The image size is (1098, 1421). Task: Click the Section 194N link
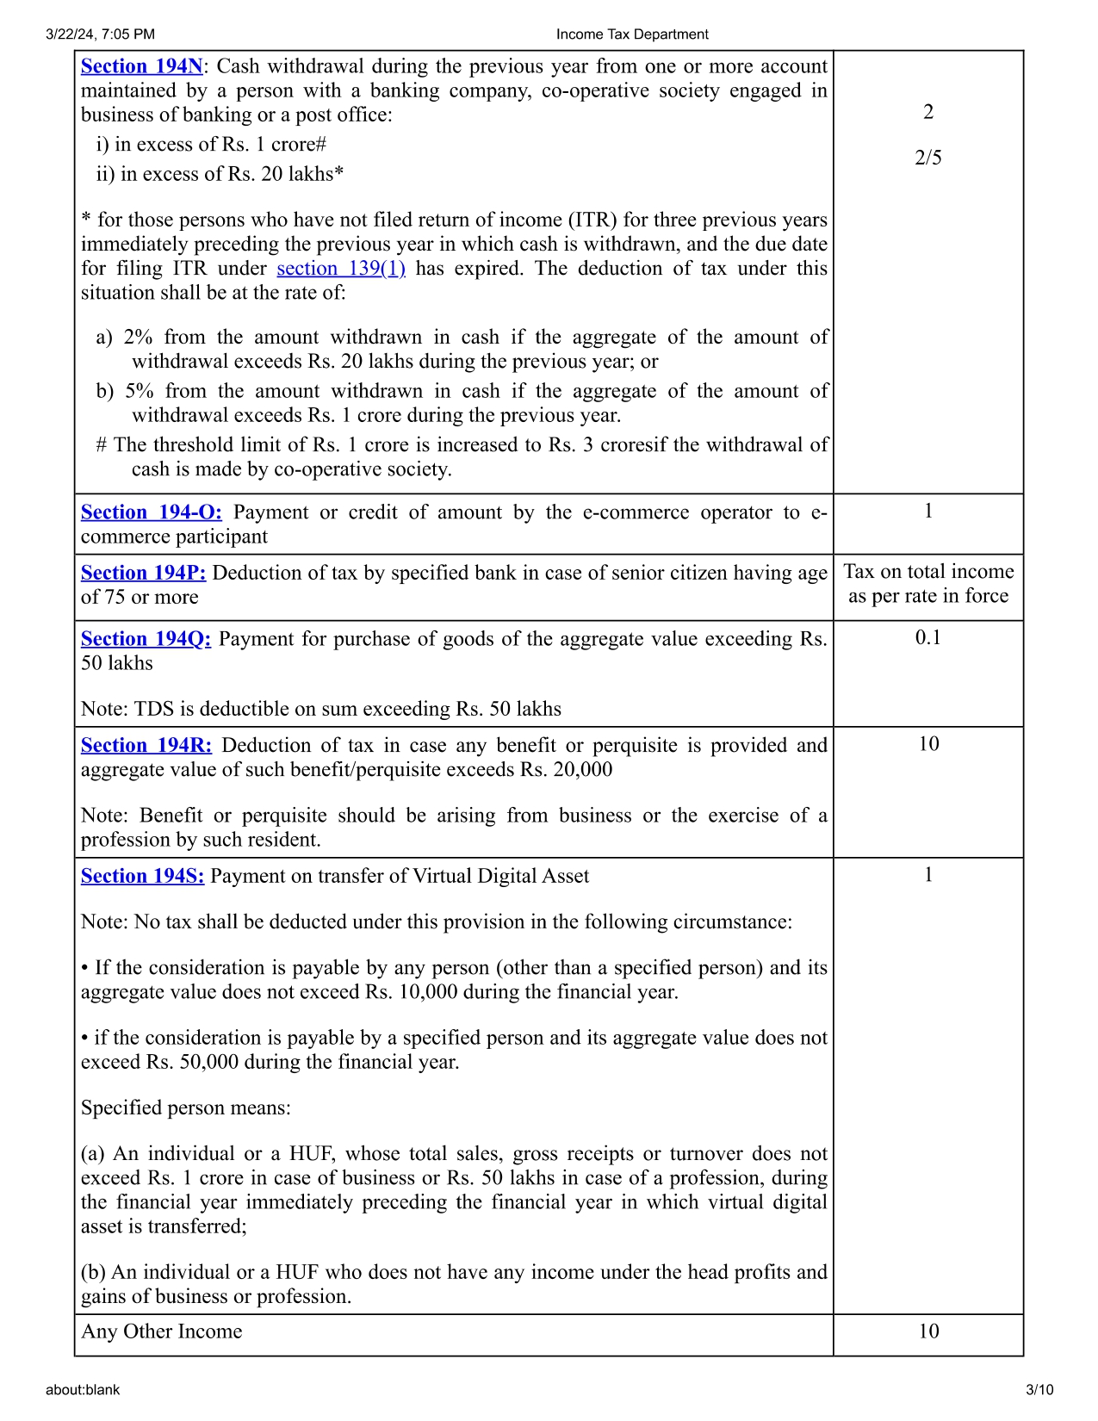(x=141, y=66)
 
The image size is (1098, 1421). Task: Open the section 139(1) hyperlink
(x=340, y=269)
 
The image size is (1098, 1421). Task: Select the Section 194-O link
(x=151, y=512)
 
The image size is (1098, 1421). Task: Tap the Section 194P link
(x=143, y=573)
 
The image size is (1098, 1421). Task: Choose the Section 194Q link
(x=146, y=639)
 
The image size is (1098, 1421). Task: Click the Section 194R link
(x=146, y=746)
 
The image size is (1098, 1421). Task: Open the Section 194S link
(x=142, y=876)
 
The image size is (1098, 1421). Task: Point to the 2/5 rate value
(x=927, y=158)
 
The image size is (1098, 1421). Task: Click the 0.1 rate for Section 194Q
(x=927, y=638)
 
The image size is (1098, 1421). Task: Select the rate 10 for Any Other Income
(x=927, y=1331)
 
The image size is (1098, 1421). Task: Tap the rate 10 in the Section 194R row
(x=927, y=744)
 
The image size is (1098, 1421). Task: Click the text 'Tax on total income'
(x=927, y=572)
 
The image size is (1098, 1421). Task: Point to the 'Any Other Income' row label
(x=161, y=1331)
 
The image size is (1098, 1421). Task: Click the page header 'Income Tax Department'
(x=631, y=34)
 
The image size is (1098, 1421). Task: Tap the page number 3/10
(x=1039, y=1390)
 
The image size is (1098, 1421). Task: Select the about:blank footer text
(x=83, y=1390)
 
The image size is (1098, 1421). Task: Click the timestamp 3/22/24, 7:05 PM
(x=100, y=34)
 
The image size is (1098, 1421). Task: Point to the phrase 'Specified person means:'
(x=185, y=1108)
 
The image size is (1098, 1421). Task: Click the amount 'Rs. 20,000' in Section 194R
(x=566, y=770)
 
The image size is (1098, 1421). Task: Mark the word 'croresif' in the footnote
(x=635, y=445)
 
